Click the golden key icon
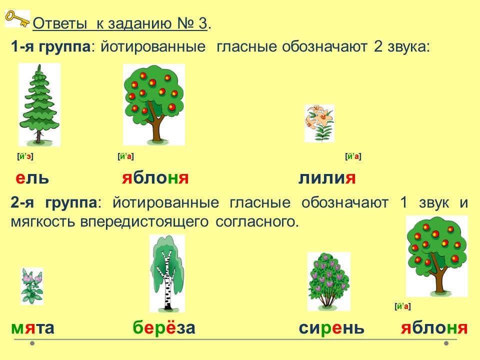coord(17,18)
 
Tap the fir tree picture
coord(39,104)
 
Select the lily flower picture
coord(319,123)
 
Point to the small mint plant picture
coord(32,286)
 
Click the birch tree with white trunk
coord(167,273)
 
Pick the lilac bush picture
coord(329,281)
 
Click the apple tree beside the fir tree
coord(153,104)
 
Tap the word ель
coord(32,178)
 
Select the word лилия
coord(327,178)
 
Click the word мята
coord(33,328)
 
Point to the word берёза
coord(164,327)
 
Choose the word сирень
coord(331,328)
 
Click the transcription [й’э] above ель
coord(25,156)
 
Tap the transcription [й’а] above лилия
coord(353,156)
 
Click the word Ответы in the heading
coord(60,23)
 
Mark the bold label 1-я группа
coord(50,47)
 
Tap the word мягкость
coord(43,222)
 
